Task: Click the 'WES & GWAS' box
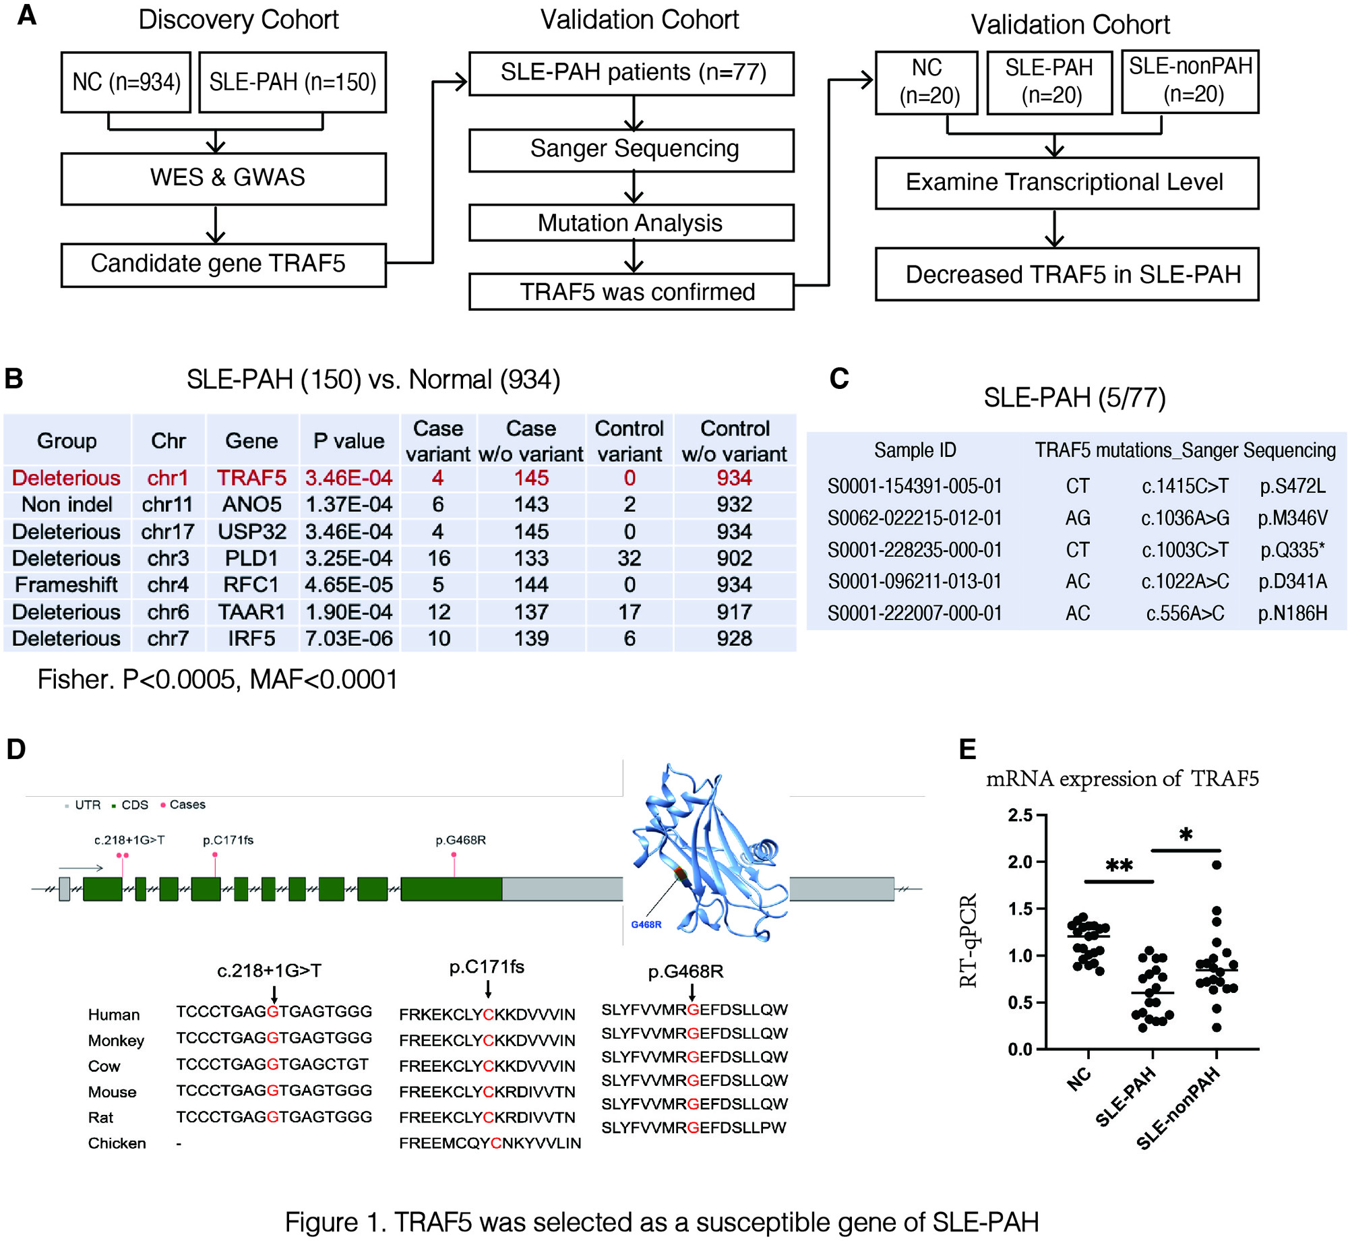pyautogui.click(x=223, y=179)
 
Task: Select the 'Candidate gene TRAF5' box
pyautogui.click(x=223, y=264)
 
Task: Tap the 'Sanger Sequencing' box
pyautogui.click(x=631, y=150)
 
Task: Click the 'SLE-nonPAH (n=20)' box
pyautogui.click(x=1190, y=81)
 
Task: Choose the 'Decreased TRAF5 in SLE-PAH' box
pyautogui.click(x=1066, y=274)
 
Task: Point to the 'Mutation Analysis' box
pyautogui.click(x=631, y=223)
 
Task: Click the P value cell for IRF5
pyautogui.click(x=348, y=638)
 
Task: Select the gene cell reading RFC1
pyautogui.click(x=251, y=584)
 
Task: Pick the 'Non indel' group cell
pyautogui.click(x=67, y=504)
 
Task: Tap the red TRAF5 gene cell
pyautogui.click(x=251, y=478)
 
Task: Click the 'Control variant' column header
pyautogui.click(x=629, y=441)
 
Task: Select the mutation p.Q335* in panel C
pyautogui.click(x=1292, y=550)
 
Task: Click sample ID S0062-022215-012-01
pyautogui.click(x=914, y=518)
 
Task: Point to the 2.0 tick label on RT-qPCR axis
pyautogui.click(x=1019, y=862)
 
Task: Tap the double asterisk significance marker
pyautogui.click(x=1119, y=866)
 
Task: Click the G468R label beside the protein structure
pyautogui.click(x=646, y=924)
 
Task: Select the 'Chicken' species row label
pyautogui.click(x=117, y=1143)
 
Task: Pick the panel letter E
pyautogui.click(x=967, y=749)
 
